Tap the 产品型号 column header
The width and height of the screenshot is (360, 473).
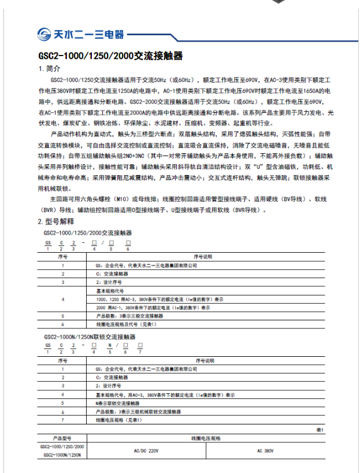tap(62, 438)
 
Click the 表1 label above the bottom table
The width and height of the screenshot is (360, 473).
tap(320, 431)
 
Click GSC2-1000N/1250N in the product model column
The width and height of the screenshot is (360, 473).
tap(62, 456)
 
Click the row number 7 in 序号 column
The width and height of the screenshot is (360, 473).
tap(62, 420)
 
